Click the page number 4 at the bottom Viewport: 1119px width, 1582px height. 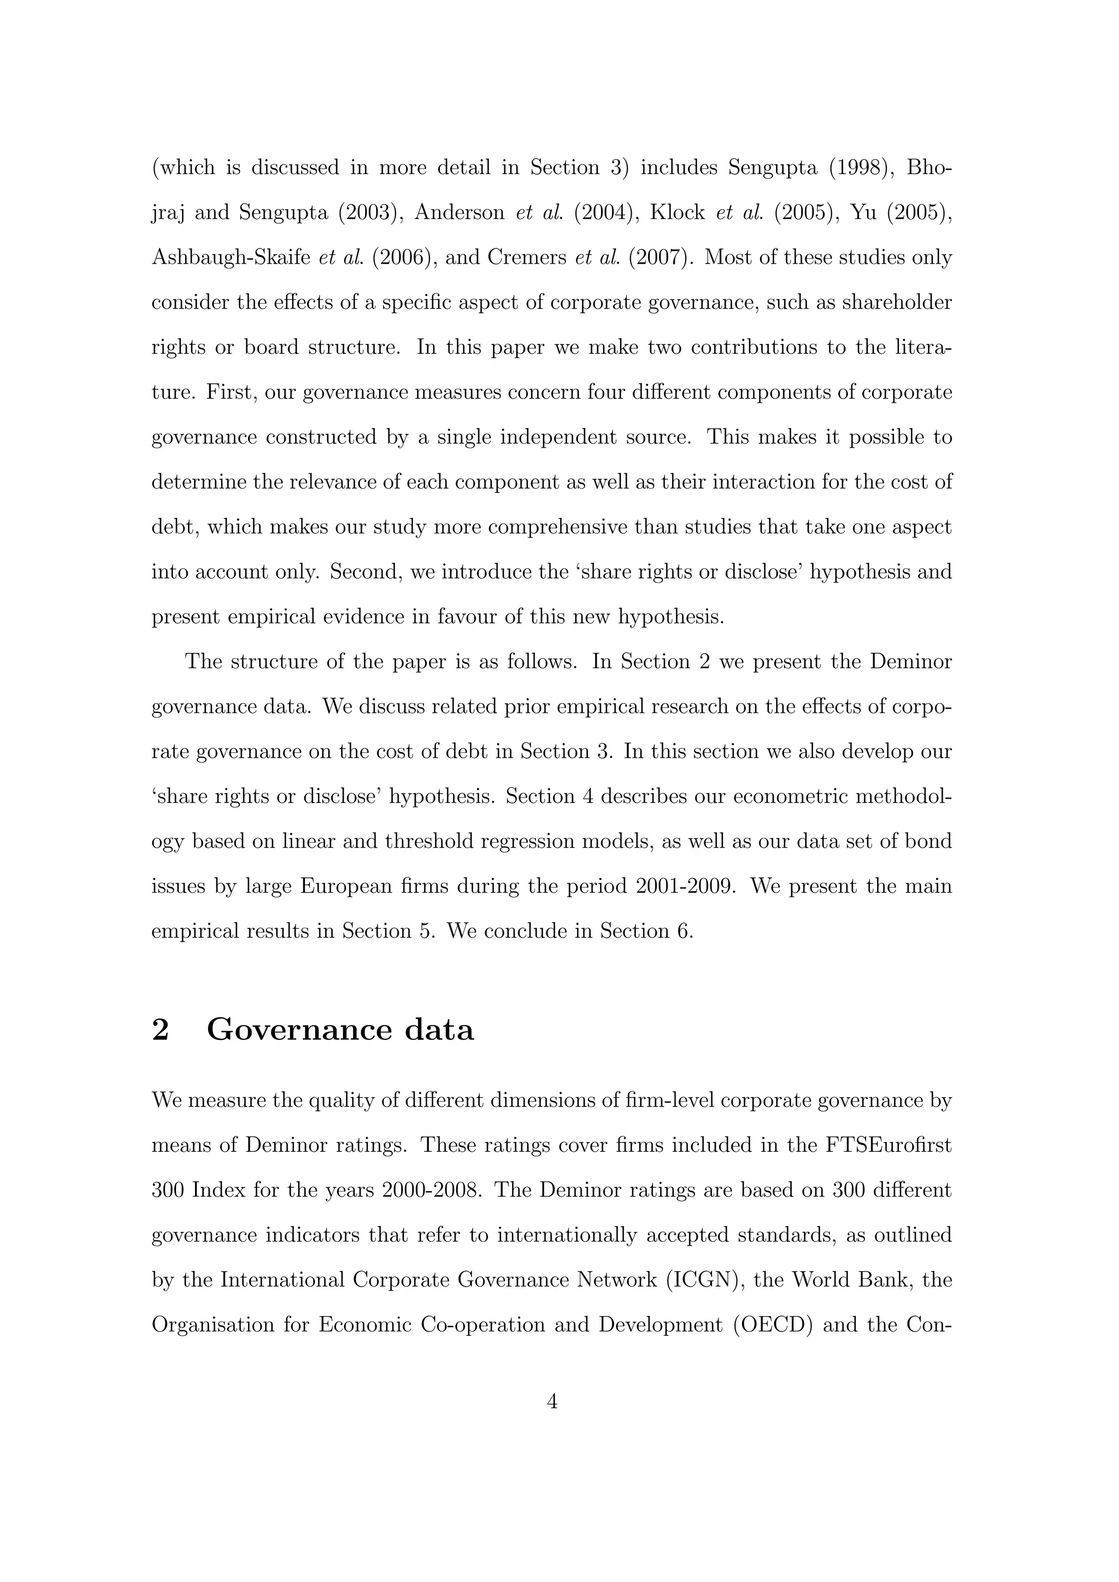(551, 1401)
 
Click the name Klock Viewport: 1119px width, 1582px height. (677, 212)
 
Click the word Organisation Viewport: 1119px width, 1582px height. (213, 1324)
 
